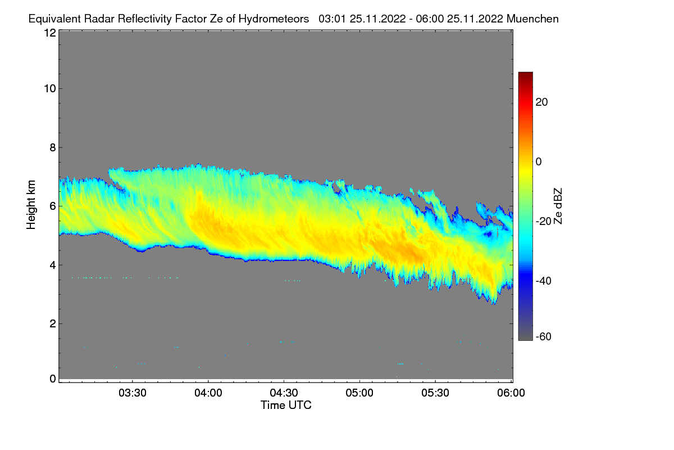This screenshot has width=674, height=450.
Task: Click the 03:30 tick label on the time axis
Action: coord(132,393)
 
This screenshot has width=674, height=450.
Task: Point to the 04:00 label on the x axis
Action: coord(208,393)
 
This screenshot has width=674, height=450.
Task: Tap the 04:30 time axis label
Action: coord(284,393)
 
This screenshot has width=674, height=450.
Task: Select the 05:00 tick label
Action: coord(359,393)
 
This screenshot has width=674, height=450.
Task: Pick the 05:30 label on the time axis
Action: coord(435,393)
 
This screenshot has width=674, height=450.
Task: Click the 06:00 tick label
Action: coord(511,393)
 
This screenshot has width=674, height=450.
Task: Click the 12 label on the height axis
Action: coord(49,33)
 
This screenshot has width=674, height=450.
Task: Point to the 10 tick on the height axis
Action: coord(49,88)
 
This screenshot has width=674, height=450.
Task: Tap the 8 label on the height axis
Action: coord(52,147)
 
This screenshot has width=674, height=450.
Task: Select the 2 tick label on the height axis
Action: coord(52,323)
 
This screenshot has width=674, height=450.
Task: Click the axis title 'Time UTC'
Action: coord(286,405)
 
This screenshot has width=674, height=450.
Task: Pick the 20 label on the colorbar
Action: coord(542,102)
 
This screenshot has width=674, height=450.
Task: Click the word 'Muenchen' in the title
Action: coord(532,19)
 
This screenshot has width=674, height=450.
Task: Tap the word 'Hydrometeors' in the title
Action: coord(274,19)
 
